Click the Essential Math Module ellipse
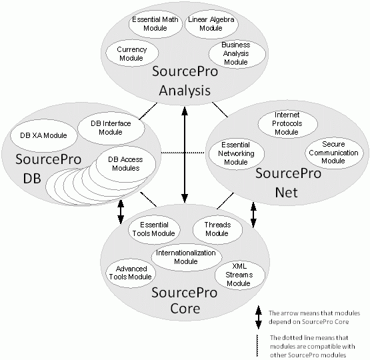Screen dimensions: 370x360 coord(155,23)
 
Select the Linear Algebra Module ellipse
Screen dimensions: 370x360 coord(211,23)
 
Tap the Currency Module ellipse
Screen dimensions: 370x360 coord(132,53)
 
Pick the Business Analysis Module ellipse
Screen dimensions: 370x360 coord(237,53)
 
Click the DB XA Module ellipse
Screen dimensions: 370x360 coord(44,135)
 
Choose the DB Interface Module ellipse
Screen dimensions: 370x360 coord(111,128)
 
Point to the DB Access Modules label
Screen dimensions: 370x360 coord(125,164)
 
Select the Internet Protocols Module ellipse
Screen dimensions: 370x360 coord(287,123)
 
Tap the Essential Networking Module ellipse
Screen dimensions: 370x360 coord(237,153)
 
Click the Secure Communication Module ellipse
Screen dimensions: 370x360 coord(333,153)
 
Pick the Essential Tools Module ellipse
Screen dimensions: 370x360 coord(154,229)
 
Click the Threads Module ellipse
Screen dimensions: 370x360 coord(217,229)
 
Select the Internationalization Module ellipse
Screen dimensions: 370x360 coord(187,257)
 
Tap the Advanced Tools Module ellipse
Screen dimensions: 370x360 coord(131,273)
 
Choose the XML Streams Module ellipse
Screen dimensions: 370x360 coord(240,275)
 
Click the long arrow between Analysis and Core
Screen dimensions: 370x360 coord(185,155)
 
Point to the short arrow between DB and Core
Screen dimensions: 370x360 coord(121,212)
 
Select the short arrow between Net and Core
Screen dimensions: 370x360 coord(253,215)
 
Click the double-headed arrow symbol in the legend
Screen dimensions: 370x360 coord(259,317)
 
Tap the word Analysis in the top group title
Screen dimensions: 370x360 coord(185,91)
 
